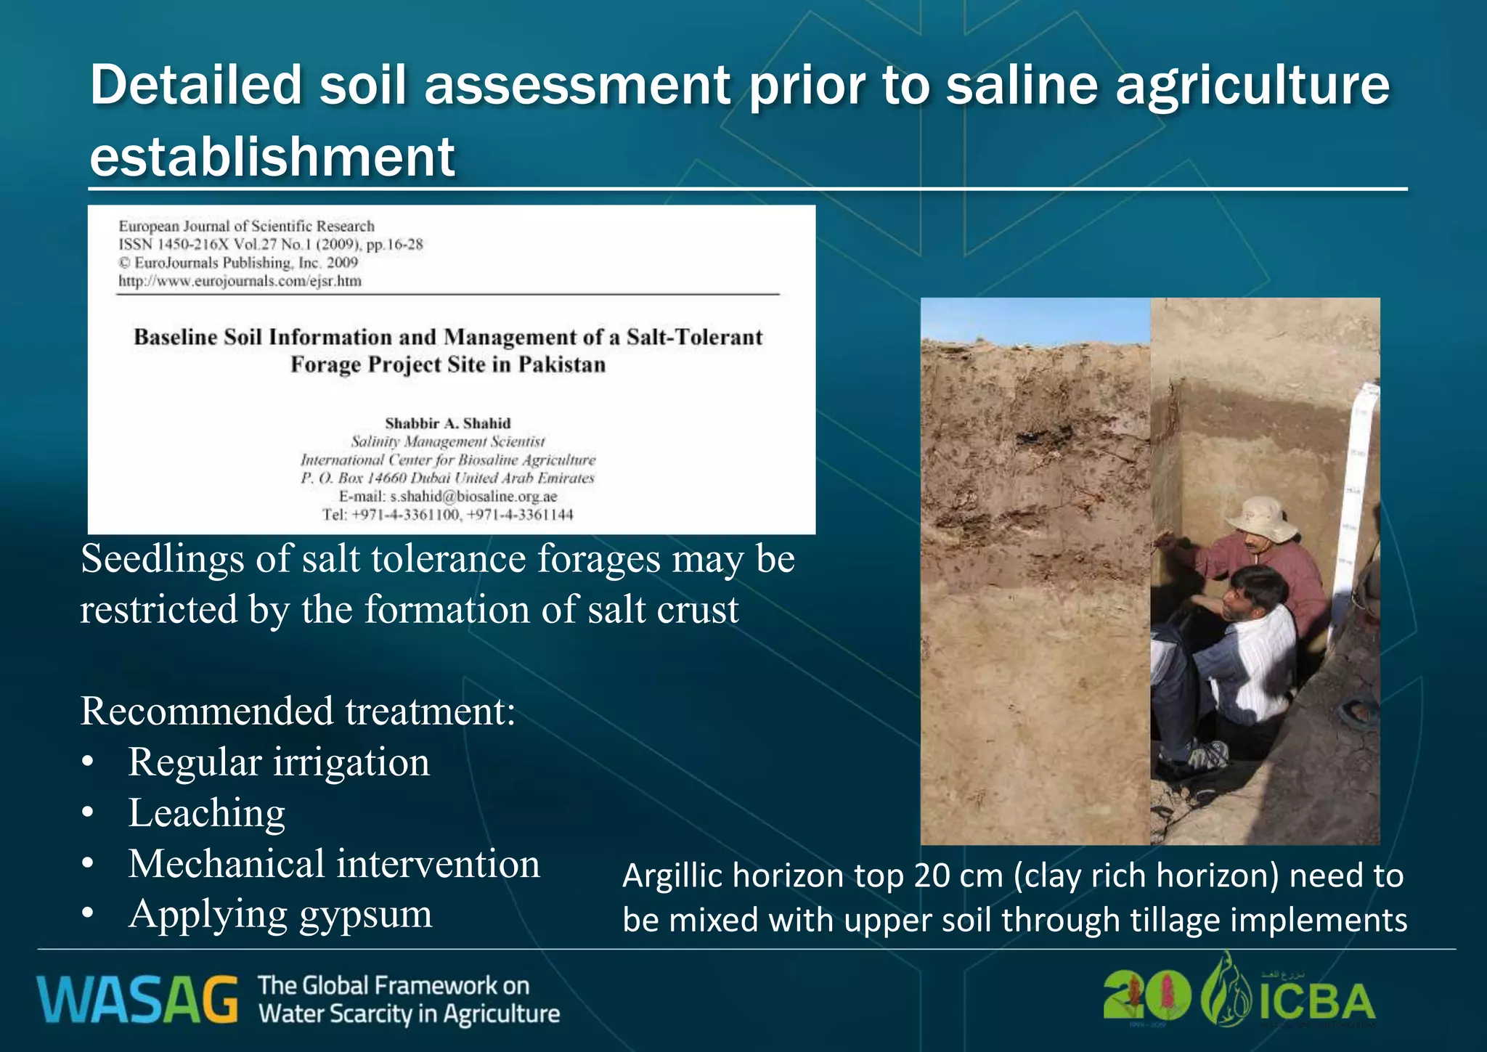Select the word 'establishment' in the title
272,157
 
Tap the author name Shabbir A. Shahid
447,423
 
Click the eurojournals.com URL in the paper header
240,281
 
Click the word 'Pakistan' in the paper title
561,364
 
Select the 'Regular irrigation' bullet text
279,762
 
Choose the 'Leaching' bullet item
207,813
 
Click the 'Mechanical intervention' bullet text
334,864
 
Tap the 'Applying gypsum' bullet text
280,914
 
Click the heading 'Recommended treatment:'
298,711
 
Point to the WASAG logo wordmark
137,1000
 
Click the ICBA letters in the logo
1316,1002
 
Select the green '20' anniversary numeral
1146,996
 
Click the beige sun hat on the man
1260,518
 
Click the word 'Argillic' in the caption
672,876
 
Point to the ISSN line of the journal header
270,245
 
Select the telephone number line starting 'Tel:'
447,515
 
